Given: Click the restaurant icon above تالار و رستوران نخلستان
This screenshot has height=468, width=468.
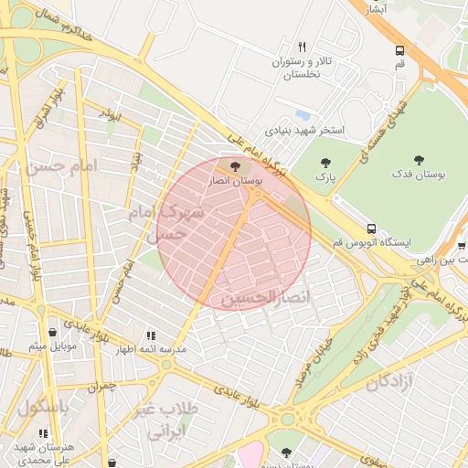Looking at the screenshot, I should tap(302, 47).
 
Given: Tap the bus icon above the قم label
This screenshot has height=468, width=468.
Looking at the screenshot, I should tap(399, 51).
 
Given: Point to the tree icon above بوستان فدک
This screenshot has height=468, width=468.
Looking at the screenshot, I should tap(419, 159).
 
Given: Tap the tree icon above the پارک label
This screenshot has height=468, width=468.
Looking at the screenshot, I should tap(325, 162).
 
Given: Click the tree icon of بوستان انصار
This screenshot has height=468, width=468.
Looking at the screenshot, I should tap(237, 166).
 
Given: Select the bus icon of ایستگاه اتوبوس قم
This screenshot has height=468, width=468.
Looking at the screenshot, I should tap(371, 228).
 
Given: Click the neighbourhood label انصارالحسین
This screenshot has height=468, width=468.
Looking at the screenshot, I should tap(266, 297).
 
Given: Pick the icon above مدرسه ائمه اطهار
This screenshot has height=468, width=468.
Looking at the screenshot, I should tap(150, 335).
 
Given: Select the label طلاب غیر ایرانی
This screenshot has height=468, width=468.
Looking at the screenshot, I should tap(165, 419).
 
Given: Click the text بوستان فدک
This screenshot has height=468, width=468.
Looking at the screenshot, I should tap(417, 173).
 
